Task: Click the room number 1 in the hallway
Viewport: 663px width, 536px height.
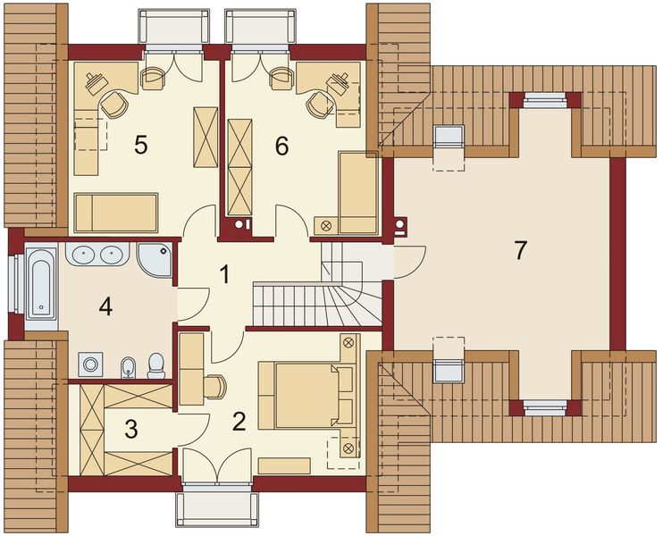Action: pyautogui.click(x=225, y=274)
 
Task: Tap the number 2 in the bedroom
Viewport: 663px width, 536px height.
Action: pyautogui.click(x=239, y=421)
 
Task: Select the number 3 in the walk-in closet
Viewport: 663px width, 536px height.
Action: pyautogui.click(x=131, y=429)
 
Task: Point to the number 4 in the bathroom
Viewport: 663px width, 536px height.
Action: pyautogui.click(x=105, y=307)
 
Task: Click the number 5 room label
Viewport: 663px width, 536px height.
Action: pyautogui.click(x=140, y=145)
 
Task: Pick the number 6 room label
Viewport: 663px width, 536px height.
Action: pyautogui.click(x=281, y=145)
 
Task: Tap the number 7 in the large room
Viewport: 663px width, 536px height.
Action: pyautogui.click(x=520, y=251)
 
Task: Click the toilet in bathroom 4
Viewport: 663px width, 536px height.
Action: pyautogui.click(x=156, y=364)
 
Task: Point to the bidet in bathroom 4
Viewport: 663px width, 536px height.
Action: pyautogui.click(x=128, y=365)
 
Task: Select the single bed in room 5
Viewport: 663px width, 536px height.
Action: pyautogui.click(x=116, y=213)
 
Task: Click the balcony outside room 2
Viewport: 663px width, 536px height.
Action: pyautogui.click(x=219, y=509)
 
